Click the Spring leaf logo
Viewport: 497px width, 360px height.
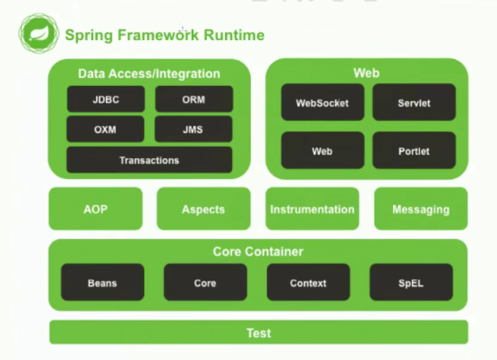(39, 33)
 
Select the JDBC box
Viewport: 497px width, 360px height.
(106, 99)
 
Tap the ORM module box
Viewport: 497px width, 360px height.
(194, 99)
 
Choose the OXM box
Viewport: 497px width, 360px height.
(105, 130)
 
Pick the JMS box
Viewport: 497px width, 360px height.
(193, 130)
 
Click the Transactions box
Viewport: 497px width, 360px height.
(149, 160)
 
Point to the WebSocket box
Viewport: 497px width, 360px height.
(323, 102)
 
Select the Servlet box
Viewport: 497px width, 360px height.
(414, 102)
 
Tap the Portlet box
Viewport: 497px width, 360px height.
(414, 150)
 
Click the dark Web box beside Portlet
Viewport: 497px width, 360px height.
(323, 150)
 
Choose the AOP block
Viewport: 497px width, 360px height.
(96, 209)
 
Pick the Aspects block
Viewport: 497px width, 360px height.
(203, 209)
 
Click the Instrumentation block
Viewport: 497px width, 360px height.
(312, 209)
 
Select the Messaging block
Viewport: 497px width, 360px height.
(421, 209)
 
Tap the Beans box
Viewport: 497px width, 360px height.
(102, 283)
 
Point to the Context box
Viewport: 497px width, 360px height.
(309, 283)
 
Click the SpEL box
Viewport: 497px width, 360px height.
(411, 283)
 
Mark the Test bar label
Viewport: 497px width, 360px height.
(259, 333)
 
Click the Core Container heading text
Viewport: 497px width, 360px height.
(258, 252)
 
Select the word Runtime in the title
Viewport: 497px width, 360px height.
(234, 35)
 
